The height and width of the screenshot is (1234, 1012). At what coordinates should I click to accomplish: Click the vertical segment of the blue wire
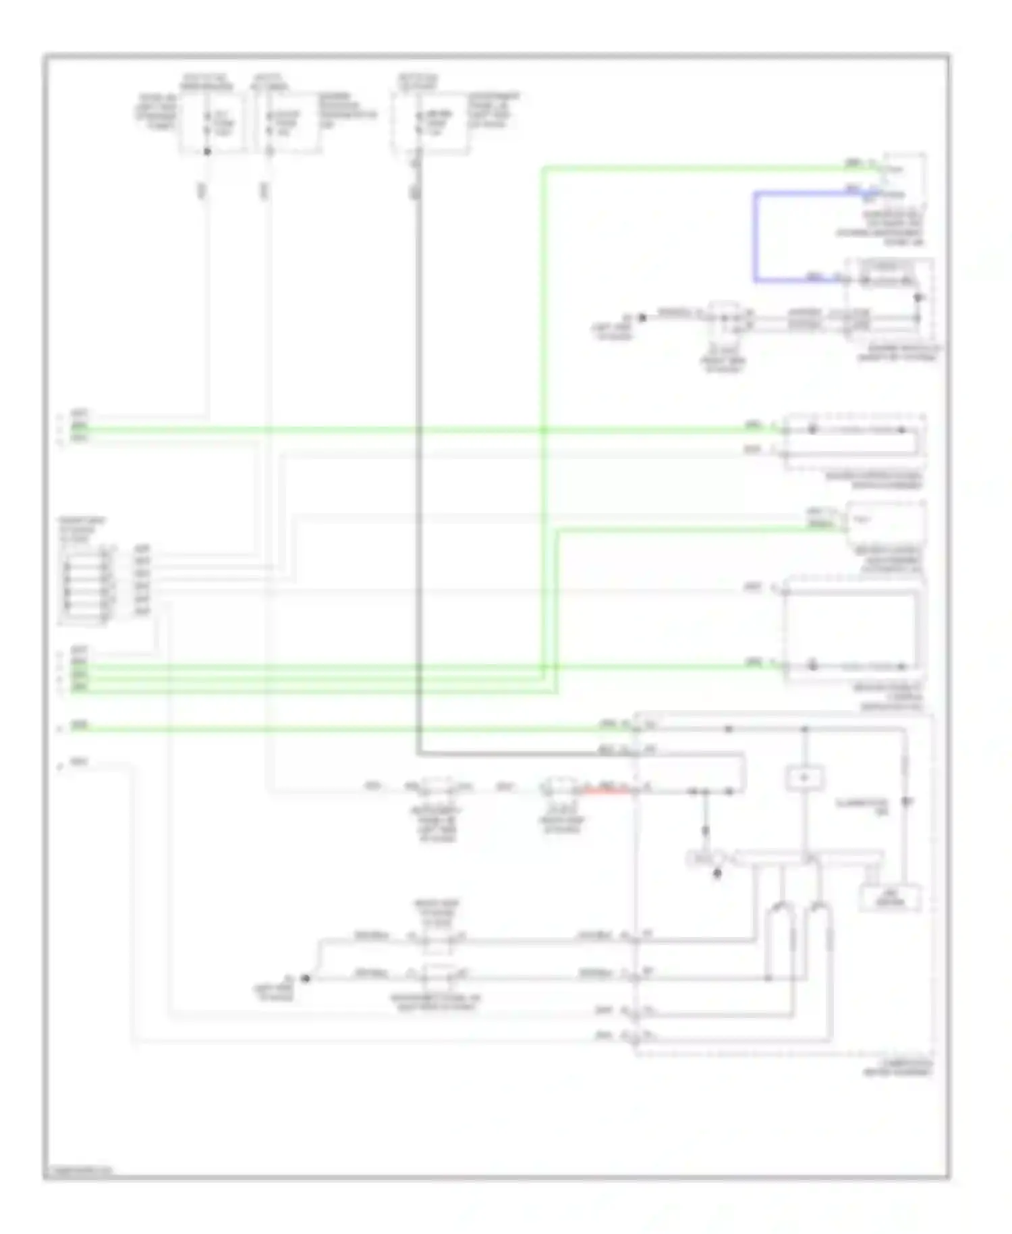point(755,236)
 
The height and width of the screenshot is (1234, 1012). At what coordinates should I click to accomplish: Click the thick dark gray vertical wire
point(418,473)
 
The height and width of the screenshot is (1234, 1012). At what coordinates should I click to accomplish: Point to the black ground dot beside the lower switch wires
point(305,978)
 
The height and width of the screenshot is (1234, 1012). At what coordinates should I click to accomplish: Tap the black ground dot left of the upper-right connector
point(642,317)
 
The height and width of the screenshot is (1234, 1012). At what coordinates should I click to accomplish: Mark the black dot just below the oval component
point(717,874)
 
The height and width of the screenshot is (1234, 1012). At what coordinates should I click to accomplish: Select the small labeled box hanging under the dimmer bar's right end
point(890,898)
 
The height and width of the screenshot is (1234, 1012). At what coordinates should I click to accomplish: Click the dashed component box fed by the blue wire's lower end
point(891,297)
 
